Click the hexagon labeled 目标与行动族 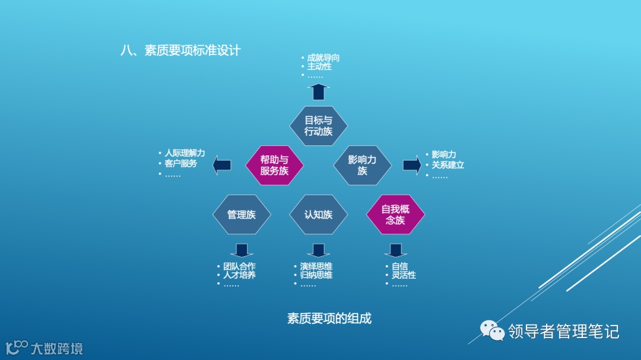(x=318, y=126)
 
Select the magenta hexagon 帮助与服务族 (x=274, y=165)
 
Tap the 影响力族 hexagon (x=363, y=165)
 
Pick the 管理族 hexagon (x=242, y=215)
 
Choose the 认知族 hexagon (x=318, y=215)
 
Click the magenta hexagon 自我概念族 (x=395, y=215)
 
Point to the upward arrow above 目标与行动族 (x=319, y=91)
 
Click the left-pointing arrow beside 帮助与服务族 (x=222, y=165)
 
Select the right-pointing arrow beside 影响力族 (x=412, y=165)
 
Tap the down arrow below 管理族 (x=242, y=250)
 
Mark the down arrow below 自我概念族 (x=395, y=250)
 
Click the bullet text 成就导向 (x=323, y=58)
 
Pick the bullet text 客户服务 (x=180, y=163)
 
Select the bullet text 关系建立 (x=448, y=165)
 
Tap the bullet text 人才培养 (x=239, y=275)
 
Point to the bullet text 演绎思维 (x=316, y=266)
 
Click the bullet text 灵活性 (x=404, y=275)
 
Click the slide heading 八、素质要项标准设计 (x=180, y=50)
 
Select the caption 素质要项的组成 (x=329, y=318)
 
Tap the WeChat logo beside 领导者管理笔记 (x=492, y=331)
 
